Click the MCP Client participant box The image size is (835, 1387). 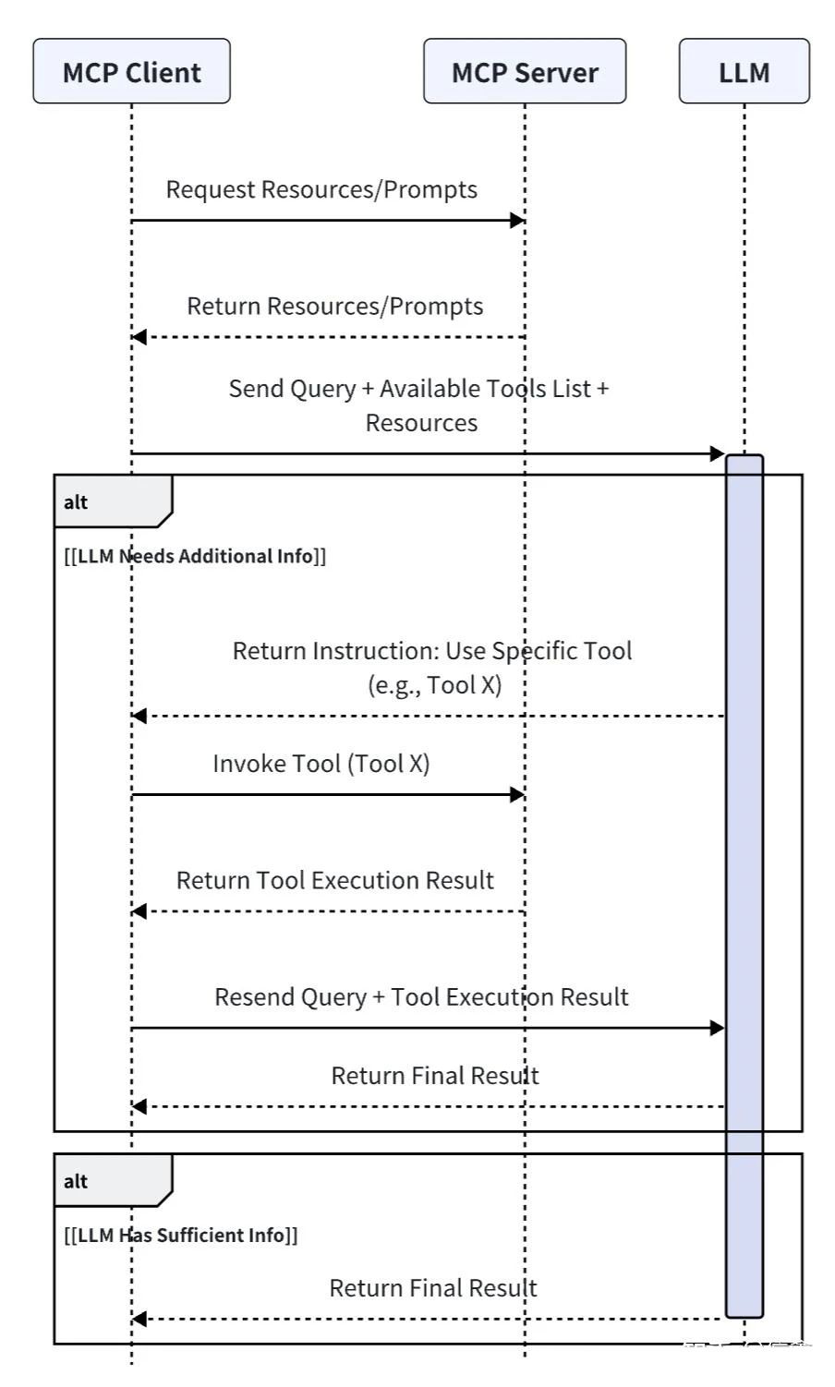pos(131,71)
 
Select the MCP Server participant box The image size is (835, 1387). pos(525,71)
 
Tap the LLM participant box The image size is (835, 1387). pos(744,71)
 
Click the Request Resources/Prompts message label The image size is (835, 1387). pos(321,189)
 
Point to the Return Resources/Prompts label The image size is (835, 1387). pos(334,306)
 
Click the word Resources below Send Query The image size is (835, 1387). pos(421,423)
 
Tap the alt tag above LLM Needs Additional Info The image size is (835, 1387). pos(76,502)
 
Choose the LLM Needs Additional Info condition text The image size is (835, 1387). pos(195,556)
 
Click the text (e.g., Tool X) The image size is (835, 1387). pos(434,685)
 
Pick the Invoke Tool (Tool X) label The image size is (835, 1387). pos(321,764)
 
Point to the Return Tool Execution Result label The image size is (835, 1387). pos(334,880)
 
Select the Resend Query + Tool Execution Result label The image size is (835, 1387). pos(421,997)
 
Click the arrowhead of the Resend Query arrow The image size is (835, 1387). pos(717,1028)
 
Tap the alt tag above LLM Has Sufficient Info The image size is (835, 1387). pos(76,1181)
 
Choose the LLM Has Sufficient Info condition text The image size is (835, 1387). pos(181,1236)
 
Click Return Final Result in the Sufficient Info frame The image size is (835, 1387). pos(432,1288)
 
